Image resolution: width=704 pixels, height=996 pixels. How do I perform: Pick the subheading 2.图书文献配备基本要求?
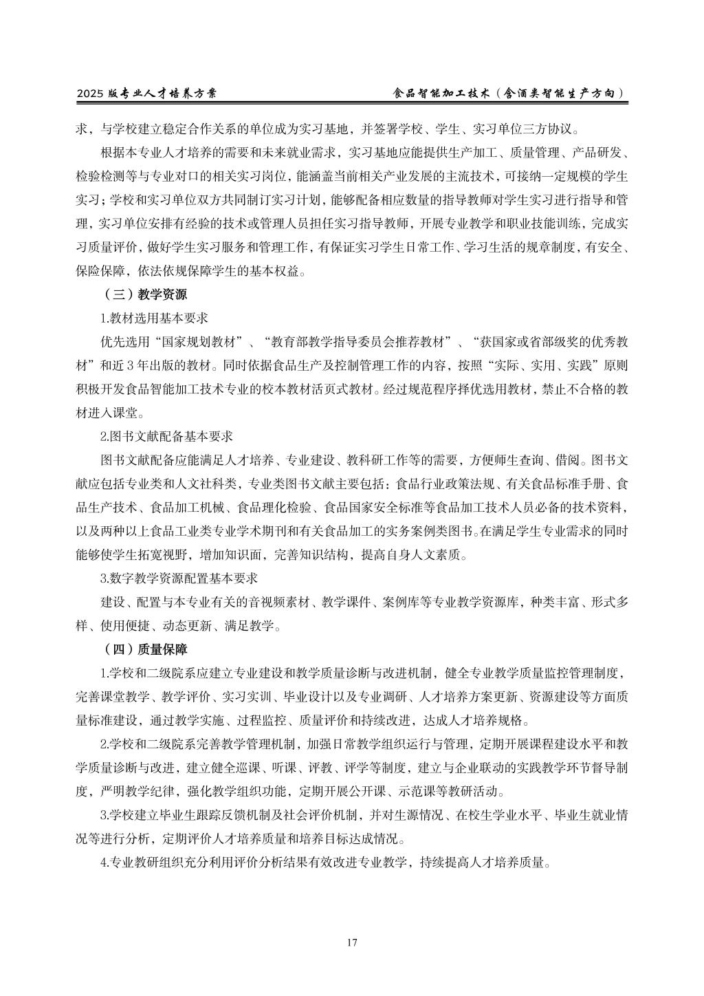(166, 436)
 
